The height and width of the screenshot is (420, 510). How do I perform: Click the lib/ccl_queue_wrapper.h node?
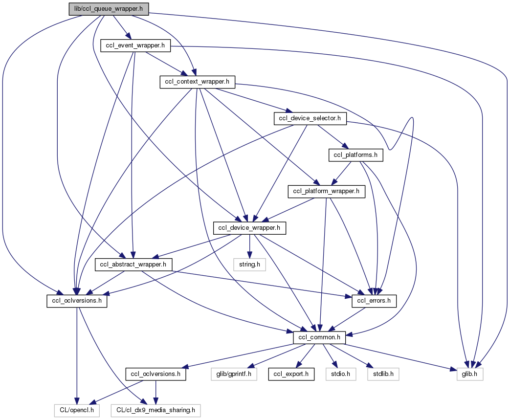coord(108,9)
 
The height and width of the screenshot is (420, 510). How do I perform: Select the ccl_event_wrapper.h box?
coord(134,45)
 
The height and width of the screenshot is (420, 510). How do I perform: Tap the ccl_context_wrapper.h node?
coord(197,82)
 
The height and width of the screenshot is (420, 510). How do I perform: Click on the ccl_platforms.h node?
coord(355,155)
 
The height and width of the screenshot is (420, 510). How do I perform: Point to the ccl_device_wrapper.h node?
coord(249,228)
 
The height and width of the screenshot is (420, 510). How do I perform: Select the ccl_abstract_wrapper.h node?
coord(133,265)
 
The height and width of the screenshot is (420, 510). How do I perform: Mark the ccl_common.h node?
coord(319,337)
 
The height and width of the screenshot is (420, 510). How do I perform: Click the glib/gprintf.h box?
coord(234,375)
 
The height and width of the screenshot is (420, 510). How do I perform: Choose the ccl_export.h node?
coord(290,375)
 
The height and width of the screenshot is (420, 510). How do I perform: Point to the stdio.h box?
coord(340,375)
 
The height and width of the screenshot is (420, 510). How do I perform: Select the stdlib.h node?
coord(382,375)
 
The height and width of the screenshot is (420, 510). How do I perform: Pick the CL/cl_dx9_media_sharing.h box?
coord(155,410)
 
